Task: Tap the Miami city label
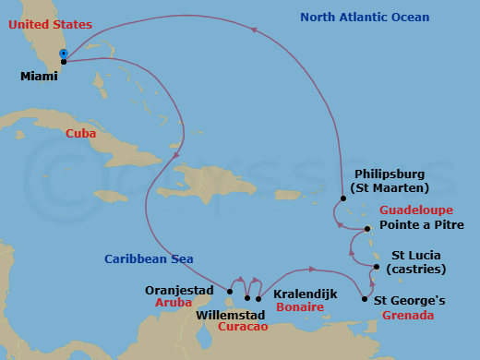(x=39, y=77)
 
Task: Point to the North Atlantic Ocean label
(x=365, y=18)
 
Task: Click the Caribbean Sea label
(x=148, y=259)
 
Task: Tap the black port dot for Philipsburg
(x=342, y=198)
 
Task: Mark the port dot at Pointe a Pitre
(x=366, y=228)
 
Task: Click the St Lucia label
(x=417, y=255)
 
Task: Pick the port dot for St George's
(x=366, y=300)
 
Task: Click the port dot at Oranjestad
(x=229, y=291)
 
